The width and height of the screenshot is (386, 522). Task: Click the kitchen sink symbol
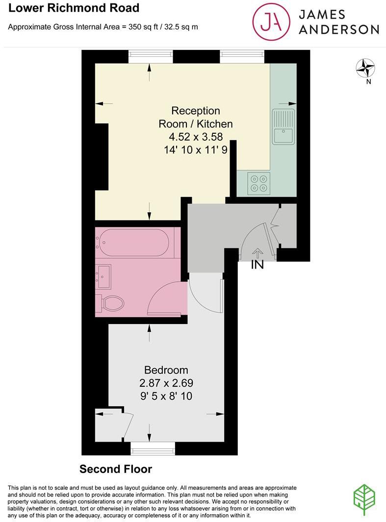click(x=283, y=127)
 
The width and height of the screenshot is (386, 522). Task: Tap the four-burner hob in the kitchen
click(x=259, y=183)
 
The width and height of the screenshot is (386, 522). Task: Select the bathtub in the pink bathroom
click(x=132, y=243)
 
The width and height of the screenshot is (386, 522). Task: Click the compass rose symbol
click(x=365, y=68)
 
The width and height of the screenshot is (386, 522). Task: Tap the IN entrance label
click(x=257, y=265)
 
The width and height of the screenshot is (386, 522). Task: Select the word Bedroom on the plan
click(x=166, y=370)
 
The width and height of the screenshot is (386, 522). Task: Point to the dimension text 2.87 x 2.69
click(x=166, y=383)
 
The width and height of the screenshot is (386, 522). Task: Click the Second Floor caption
click(x=116, y=469)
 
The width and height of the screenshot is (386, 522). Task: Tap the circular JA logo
click(x=271, y=21)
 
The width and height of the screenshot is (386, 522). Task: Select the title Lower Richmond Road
click(x=74, y=8)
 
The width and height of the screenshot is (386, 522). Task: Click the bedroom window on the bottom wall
click(x=153, y=447)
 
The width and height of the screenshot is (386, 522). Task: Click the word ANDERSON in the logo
click(x=339, y=29)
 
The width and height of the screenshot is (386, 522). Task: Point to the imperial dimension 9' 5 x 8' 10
click(x=166, y=396)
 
